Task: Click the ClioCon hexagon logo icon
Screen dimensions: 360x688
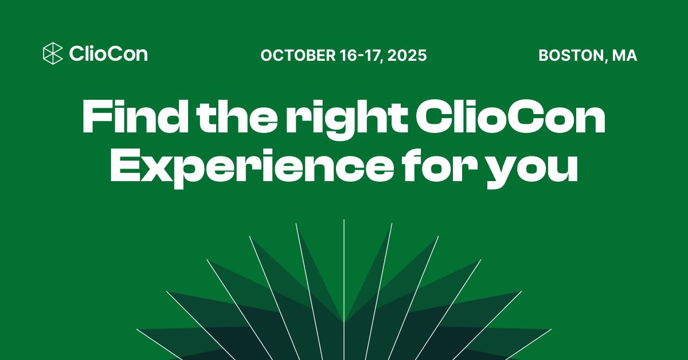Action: click(53, 54)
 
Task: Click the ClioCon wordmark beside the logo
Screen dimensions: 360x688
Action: click(108, 54)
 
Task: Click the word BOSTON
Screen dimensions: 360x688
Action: click(570, 56)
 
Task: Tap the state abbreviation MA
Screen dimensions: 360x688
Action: click(624, 56)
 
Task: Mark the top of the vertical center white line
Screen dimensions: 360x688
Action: click(344, 221)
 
